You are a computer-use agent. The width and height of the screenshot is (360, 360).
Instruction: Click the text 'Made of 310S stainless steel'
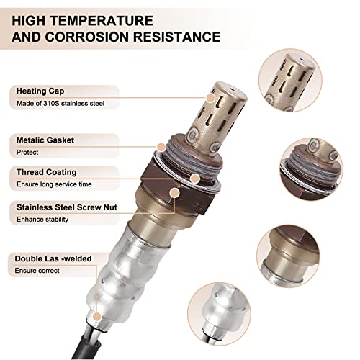coord(57,104)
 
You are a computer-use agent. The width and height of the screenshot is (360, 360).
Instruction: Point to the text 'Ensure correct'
coord(37,270)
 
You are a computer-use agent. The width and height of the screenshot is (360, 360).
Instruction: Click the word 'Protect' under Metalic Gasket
coord(27,151)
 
